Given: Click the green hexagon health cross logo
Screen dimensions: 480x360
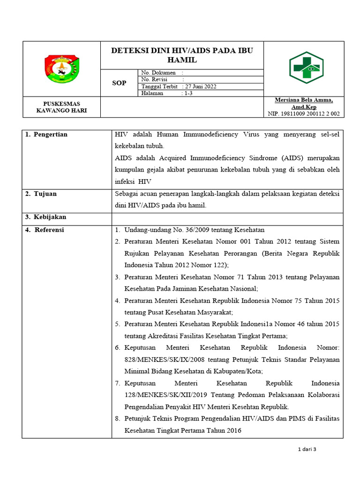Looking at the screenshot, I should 306,68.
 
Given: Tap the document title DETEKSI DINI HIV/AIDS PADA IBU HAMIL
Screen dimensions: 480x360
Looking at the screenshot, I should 182,55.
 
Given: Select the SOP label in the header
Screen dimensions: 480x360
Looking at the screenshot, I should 119,83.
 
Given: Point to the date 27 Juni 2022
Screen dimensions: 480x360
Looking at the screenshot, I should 201,87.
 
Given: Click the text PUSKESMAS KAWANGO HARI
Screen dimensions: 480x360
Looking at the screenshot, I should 61,107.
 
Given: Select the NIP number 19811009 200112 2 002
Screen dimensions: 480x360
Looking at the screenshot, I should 304,114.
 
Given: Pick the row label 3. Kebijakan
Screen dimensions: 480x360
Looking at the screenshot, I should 45,217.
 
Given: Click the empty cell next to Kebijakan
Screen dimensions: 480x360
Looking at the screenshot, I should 227,217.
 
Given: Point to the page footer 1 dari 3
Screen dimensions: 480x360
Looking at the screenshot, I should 307,450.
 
